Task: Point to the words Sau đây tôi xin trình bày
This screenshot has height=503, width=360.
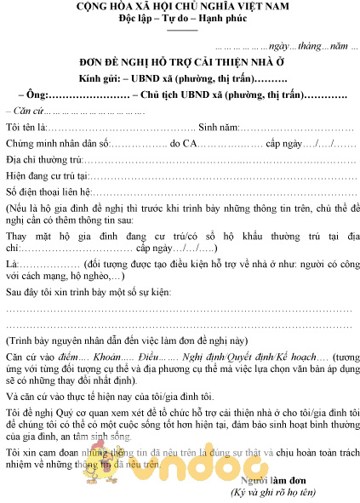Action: click(60, 293)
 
